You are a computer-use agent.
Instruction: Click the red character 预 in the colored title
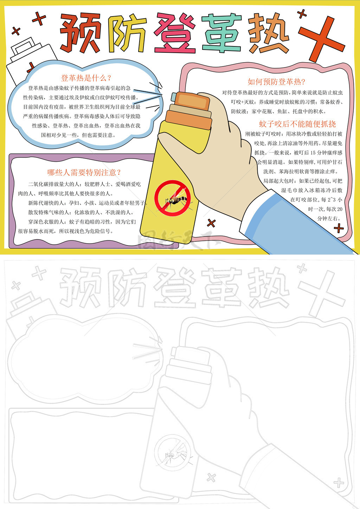[x=81, y=33]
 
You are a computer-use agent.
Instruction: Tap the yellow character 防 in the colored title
[x=127, y=34]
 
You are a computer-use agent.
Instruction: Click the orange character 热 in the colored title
[x=269, y=33]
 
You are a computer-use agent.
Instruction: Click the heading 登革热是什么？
[x=86, y=78]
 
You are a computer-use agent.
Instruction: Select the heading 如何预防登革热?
[x=276, y=82]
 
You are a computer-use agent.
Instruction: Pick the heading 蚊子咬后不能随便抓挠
[x=297, y=124]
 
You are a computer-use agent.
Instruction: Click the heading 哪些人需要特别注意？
[x=84, y=173]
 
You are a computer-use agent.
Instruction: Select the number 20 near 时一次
[x=340, y=209]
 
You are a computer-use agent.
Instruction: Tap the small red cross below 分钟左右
[x=339, y=228]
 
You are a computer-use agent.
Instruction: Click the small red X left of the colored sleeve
[x=211, y=223]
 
